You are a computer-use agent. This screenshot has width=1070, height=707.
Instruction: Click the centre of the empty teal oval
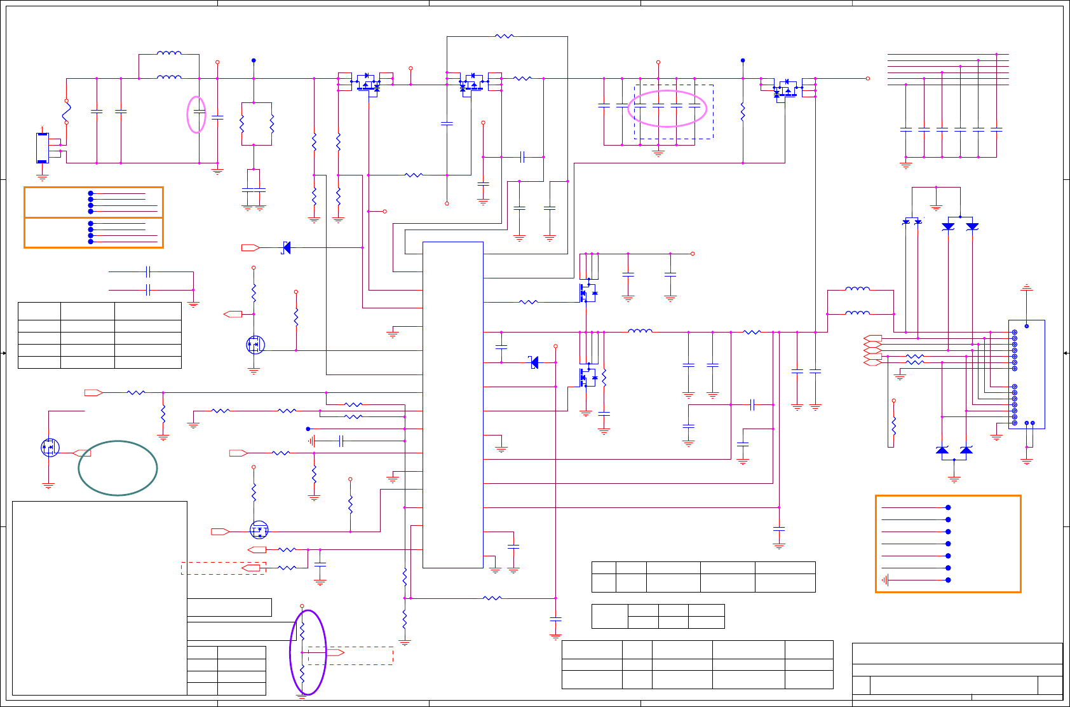[118, 468]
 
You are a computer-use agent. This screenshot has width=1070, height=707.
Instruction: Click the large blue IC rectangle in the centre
[452, 404]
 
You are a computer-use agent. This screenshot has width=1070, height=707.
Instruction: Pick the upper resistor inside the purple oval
[302, 630]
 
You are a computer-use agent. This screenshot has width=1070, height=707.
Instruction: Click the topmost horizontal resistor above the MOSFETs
[503, 36]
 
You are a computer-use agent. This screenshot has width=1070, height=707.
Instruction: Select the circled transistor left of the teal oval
[50, 448]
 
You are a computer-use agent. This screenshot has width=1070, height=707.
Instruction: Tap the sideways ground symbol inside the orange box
[884, 580]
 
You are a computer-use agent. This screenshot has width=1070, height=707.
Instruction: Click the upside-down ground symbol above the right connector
[1026, 288]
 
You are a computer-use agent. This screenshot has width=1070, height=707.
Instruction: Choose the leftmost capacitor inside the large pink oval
[640, 106]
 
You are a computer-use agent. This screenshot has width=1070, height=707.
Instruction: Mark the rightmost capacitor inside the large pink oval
[694, 106]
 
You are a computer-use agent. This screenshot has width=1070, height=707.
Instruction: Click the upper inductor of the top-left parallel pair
[168, 53]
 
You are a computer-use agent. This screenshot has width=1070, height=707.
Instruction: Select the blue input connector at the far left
[42, 148]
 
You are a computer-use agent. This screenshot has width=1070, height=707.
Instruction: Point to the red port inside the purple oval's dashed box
[335, 653]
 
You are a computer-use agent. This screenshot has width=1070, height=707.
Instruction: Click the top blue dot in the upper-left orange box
[91, 193]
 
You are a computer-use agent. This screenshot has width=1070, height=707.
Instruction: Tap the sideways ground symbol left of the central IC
[311, 441]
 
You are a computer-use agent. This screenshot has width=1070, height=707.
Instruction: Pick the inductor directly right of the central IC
[640, 331]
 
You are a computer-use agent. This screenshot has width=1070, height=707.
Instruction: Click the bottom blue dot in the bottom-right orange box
[948, 580]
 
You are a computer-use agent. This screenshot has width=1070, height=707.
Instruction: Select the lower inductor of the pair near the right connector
[857, 313]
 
